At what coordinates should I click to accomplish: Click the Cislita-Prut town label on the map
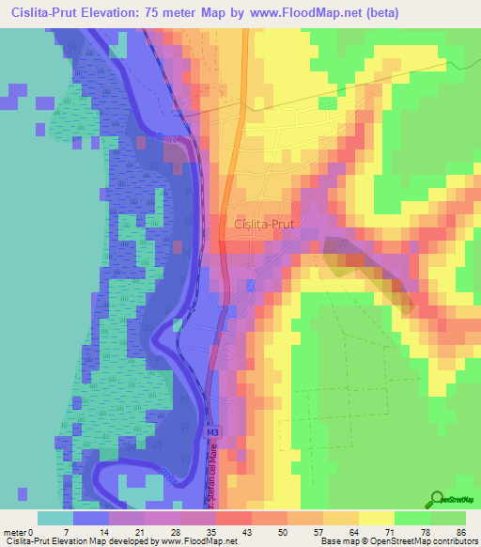268,225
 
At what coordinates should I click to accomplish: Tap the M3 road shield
213,431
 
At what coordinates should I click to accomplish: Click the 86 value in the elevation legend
459,533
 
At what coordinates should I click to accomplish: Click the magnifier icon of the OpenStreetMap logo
438,500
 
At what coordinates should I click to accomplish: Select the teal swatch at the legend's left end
55,518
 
